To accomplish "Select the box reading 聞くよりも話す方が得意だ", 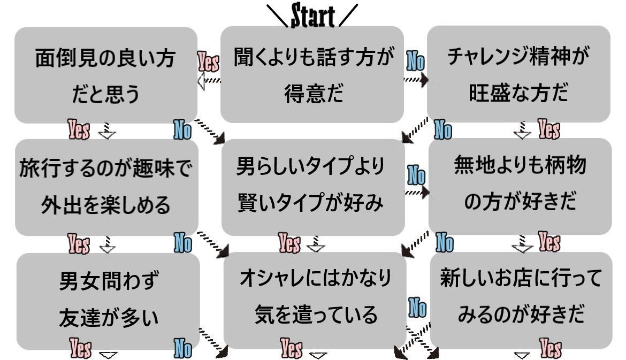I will click(312, 74).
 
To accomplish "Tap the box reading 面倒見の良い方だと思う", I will click(105, 75).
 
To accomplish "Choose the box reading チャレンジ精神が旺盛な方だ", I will click(518, 74).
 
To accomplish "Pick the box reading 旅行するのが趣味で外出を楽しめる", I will click(106, 187).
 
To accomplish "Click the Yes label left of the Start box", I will click(208, 62).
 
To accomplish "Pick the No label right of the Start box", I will click(415, 61).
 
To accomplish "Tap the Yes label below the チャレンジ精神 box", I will click(548, 130).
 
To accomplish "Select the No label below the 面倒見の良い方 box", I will click(182, 130).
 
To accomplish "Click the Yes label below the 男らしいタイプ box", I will click(289, 244).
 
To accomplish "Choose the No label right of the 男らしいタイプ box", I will click(416, 175).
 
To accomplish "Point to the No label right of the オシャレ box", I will click(417, 308).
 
